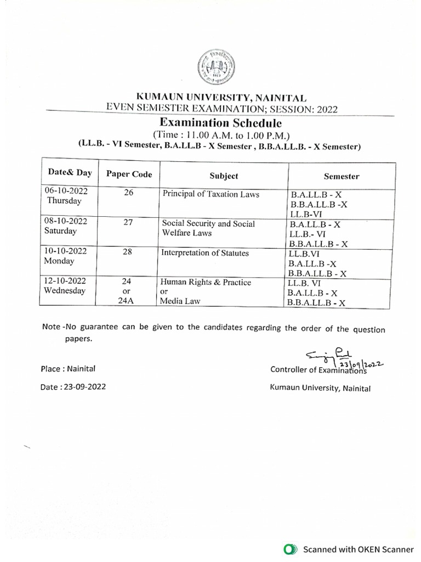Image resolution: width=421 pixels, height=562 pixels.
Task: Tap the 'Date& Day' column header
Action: [x=70, y=173]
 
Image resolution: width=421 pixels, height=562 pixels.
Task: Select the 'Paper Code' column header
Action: [x=129, y=175]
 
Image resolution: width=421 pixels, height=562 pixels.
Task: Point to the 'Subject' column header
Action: [x=224, y=176]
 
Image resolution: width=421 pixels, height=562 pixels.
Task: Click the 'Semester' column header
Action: [x=341, y=176]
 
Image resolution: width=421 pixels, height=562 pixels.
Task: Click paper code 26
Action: [x=129, y=193]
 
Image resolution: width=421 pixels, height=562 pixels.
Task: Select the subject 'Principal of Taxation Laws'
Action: [x=210, y=194]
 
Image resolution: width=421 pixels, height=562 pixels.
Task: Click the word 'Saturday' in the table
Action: [x=61, y=231]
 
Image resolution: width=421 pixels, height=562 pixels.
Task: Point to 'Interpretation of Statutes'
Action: [x=205, y=253]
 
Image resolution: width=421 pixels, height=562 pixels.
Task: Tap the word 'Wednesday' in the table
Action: [x=65, y=291]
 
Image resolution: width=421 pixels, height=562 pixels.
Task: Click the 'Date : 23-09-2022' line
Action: [x=73, y=387]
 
